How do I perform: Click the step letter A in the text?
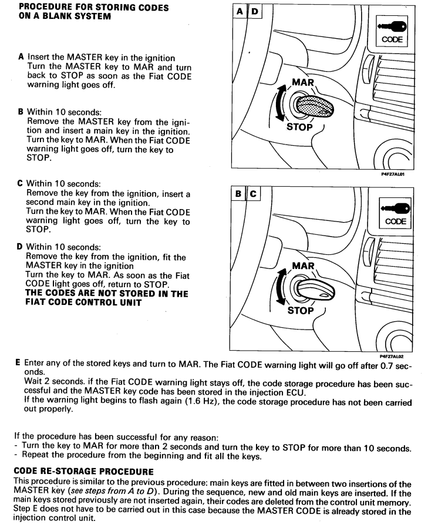coord(21,57)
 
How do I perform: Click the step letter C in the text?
coord(21,184)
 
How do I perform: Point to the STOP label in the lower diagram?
coord(300,311)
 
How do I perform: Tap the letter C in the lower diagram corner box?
coord(253,194)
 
